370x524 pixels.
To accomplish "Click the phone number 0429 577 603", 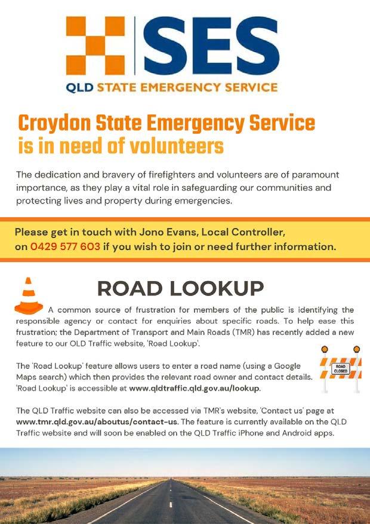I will click(x=65, y=246).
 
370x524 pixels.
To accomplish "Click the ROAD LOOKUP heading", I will click(x=180, y=288).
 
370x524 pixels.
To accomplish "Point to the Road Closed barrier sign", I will click(x=340, y=368).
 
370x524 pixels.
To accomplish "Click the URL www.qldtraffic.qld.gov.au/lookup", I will click(x=195, y=388).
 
